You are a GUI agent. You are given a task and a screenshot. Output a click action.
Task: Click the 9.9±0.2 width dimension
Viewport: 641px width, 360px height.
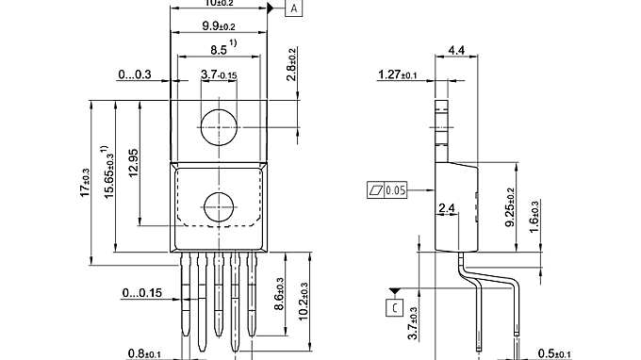[x=218, y=27]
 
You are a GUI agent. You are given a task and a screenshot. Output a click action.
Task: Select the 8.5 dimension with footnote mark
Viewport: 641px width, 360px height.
[x=220, y=49]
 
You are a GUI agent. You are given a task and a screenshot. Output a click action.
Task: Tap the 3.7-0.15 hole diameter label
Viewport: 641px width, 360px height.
[x=219, y=74]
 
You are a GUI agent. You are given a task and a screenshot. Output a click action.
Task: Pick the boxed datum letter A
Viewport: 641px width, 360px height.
[x=294, y=8]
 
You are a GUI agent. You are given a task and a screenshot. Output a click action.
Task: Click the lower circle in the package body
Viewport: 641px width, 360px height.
[x=219, y=205]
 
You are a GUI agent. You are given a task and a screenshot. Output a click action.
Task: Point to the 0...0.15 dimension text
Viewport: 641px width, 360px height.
[x=141, y=293]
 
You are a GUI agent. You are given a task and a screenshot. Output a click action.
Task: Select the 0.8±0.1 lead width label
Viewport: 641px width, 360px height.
[x=145, y=353]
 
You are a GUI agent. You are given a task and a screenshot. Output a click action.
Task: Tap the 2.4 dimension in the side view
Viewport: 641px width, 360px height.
[x=449, y=207]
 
